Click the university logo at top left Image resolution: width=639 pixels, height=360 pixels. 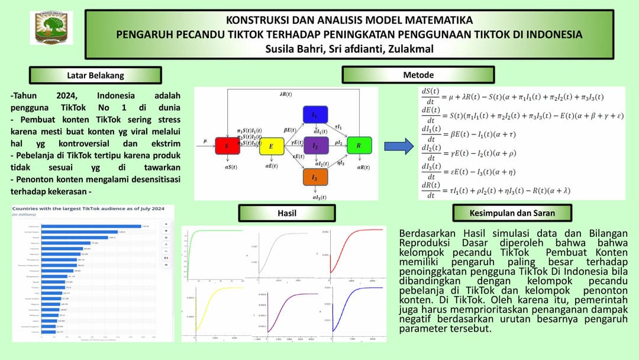54,27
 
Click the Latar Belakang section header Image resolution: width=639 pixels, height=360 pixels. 95,75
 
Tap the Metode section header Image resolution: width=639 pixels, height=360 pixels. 418,75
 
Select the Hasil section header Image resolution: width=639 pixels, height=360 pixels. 286,213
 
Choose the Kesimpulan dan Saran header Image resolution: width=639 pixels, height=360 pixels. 512,213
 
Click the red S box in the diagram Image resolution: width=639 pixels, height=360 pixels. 227,146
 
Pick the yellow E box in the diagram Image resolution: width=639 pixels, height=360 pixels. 272,146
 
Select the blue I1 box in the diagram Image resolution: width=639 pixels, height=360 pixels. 315,114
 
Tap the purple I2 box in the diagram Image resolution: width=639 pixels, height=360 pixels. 315,146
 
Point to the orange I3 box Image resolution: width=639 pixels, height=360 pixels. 315,176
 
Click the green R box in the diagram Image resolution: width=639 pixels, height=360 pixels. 359,146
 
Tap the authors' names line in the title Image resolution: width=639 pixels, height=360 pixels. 350,49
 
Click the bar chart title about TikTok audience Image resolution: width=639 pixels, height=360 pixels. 87,208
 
